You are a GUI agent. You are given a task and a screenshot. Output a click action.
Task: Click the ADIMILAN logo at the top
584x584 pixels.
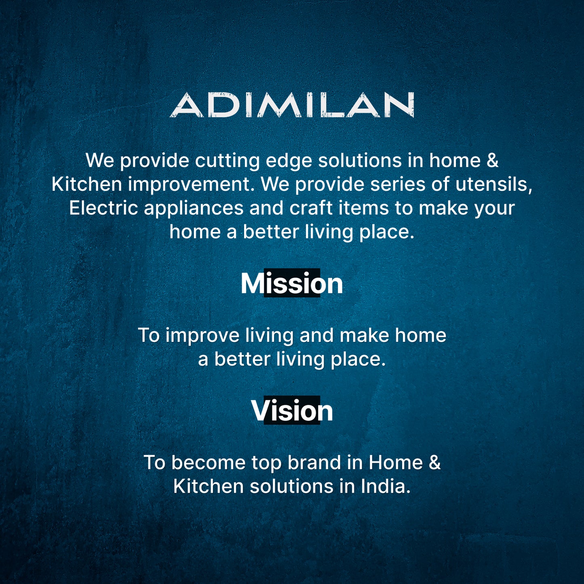click(x=292, y=105)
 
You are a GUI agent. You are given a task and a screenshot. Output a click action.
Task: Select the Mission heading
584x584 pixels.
click(x=292, y=283)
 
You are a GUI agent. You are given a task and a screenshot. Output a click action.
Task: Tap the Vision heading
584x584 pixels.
click(x=292, y=411)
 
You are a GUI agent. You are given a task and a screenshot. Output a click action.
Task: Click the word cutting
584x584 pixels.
click(x=228, y=161)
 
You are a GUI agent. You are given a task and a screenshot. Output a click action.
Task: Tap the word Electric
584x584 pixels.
click(x=103, y=208)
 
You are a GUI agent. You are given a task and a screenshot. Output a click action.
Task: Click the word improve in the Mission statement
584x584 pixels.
click(x=202, y=336)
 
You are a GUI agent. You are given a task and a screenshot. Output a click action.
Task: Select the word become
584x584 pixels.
click(x=208, y=463)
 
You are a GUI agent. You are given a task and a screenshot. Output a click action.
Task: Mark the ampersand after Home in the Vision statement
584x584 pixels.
click(x=434, y=463)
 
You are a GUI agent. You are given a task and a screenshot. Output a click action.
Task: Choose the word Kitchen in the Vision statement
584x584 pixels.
click(x=208, y=486)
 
